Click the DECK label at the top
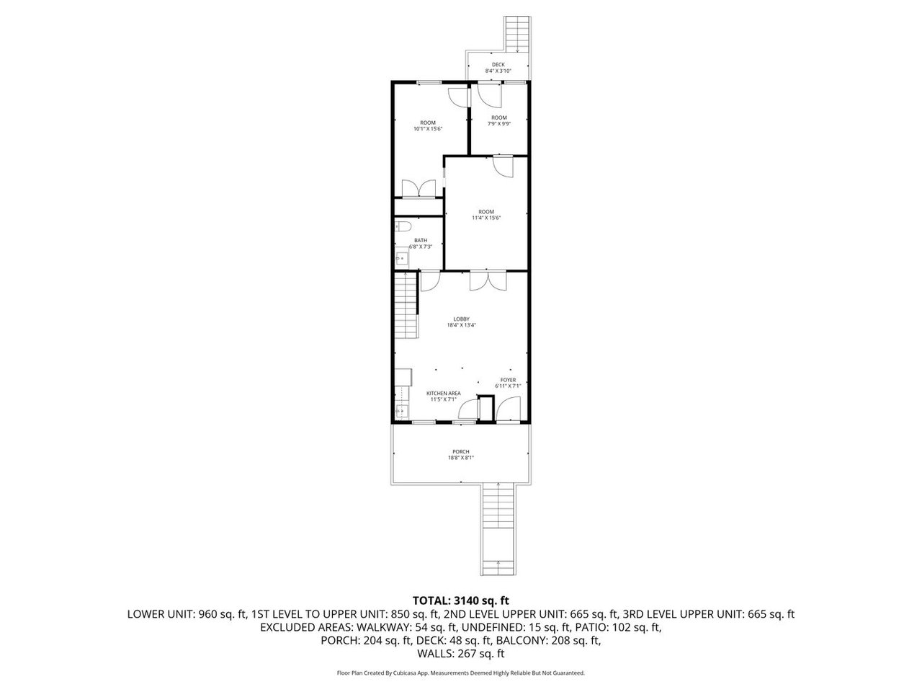pyautogui.click(x=498, y=64)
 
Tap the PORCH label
pyautogui.click(x=461, y=452)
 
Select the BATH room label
pyautogui.click(x=420, y=241)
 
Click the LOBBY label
pyautogui.click(x=461, y=319)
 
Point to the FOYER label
pyautogui.click(x=508, y=380)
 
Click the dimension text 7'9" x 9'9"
pyautogui.click(x=499, y=123)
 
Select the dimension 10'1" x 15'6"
pyautogui.click(x=428, y=129)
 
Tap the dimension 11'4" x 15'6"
pyautogui.click(x=486, y=217)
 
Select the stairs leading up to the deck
pyautogui.click(x=516, y=34)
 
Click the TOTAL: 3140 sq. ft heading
pyautogui.click(x=461, y=600)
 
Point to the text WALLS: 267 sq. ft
pyautogui.click(x=461, y=654)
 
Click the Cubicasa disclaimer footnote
pyautogui.click(x=461, y=673)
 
